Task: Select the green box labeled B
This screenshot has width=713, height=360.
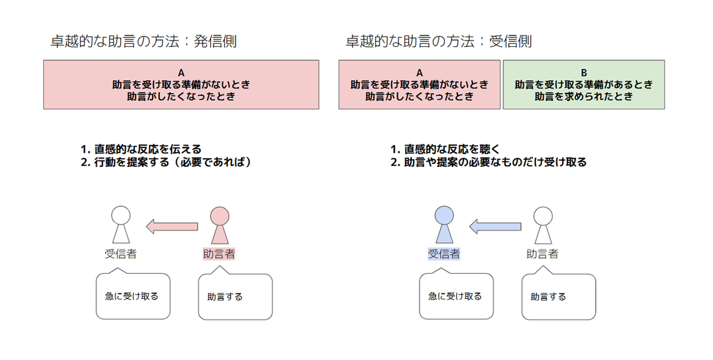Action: [x=583, y=84]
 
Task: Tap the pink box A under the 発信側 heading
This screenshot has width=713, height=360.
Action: [x=181, y=84]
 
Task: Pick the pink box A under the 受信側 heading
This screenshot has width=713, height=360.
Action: [x=419, y=84]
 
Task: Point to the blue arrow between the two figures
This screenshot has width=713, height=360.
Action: [x=495, y=226]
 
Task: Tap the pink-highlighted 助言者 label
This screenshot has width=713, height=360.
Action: [x=219, y=254]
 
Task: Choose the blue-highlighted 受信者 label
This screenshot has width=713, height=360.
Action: [x=444, y=254]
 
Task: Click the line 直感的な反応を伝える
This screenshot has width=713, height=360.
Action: [x=141, y=149]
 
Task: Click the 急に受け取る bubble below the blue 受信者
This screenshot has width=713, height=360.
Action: [x=456, y=296]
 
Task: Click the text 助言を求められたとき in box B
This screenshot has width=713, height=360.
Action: [x=583, y=96]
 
